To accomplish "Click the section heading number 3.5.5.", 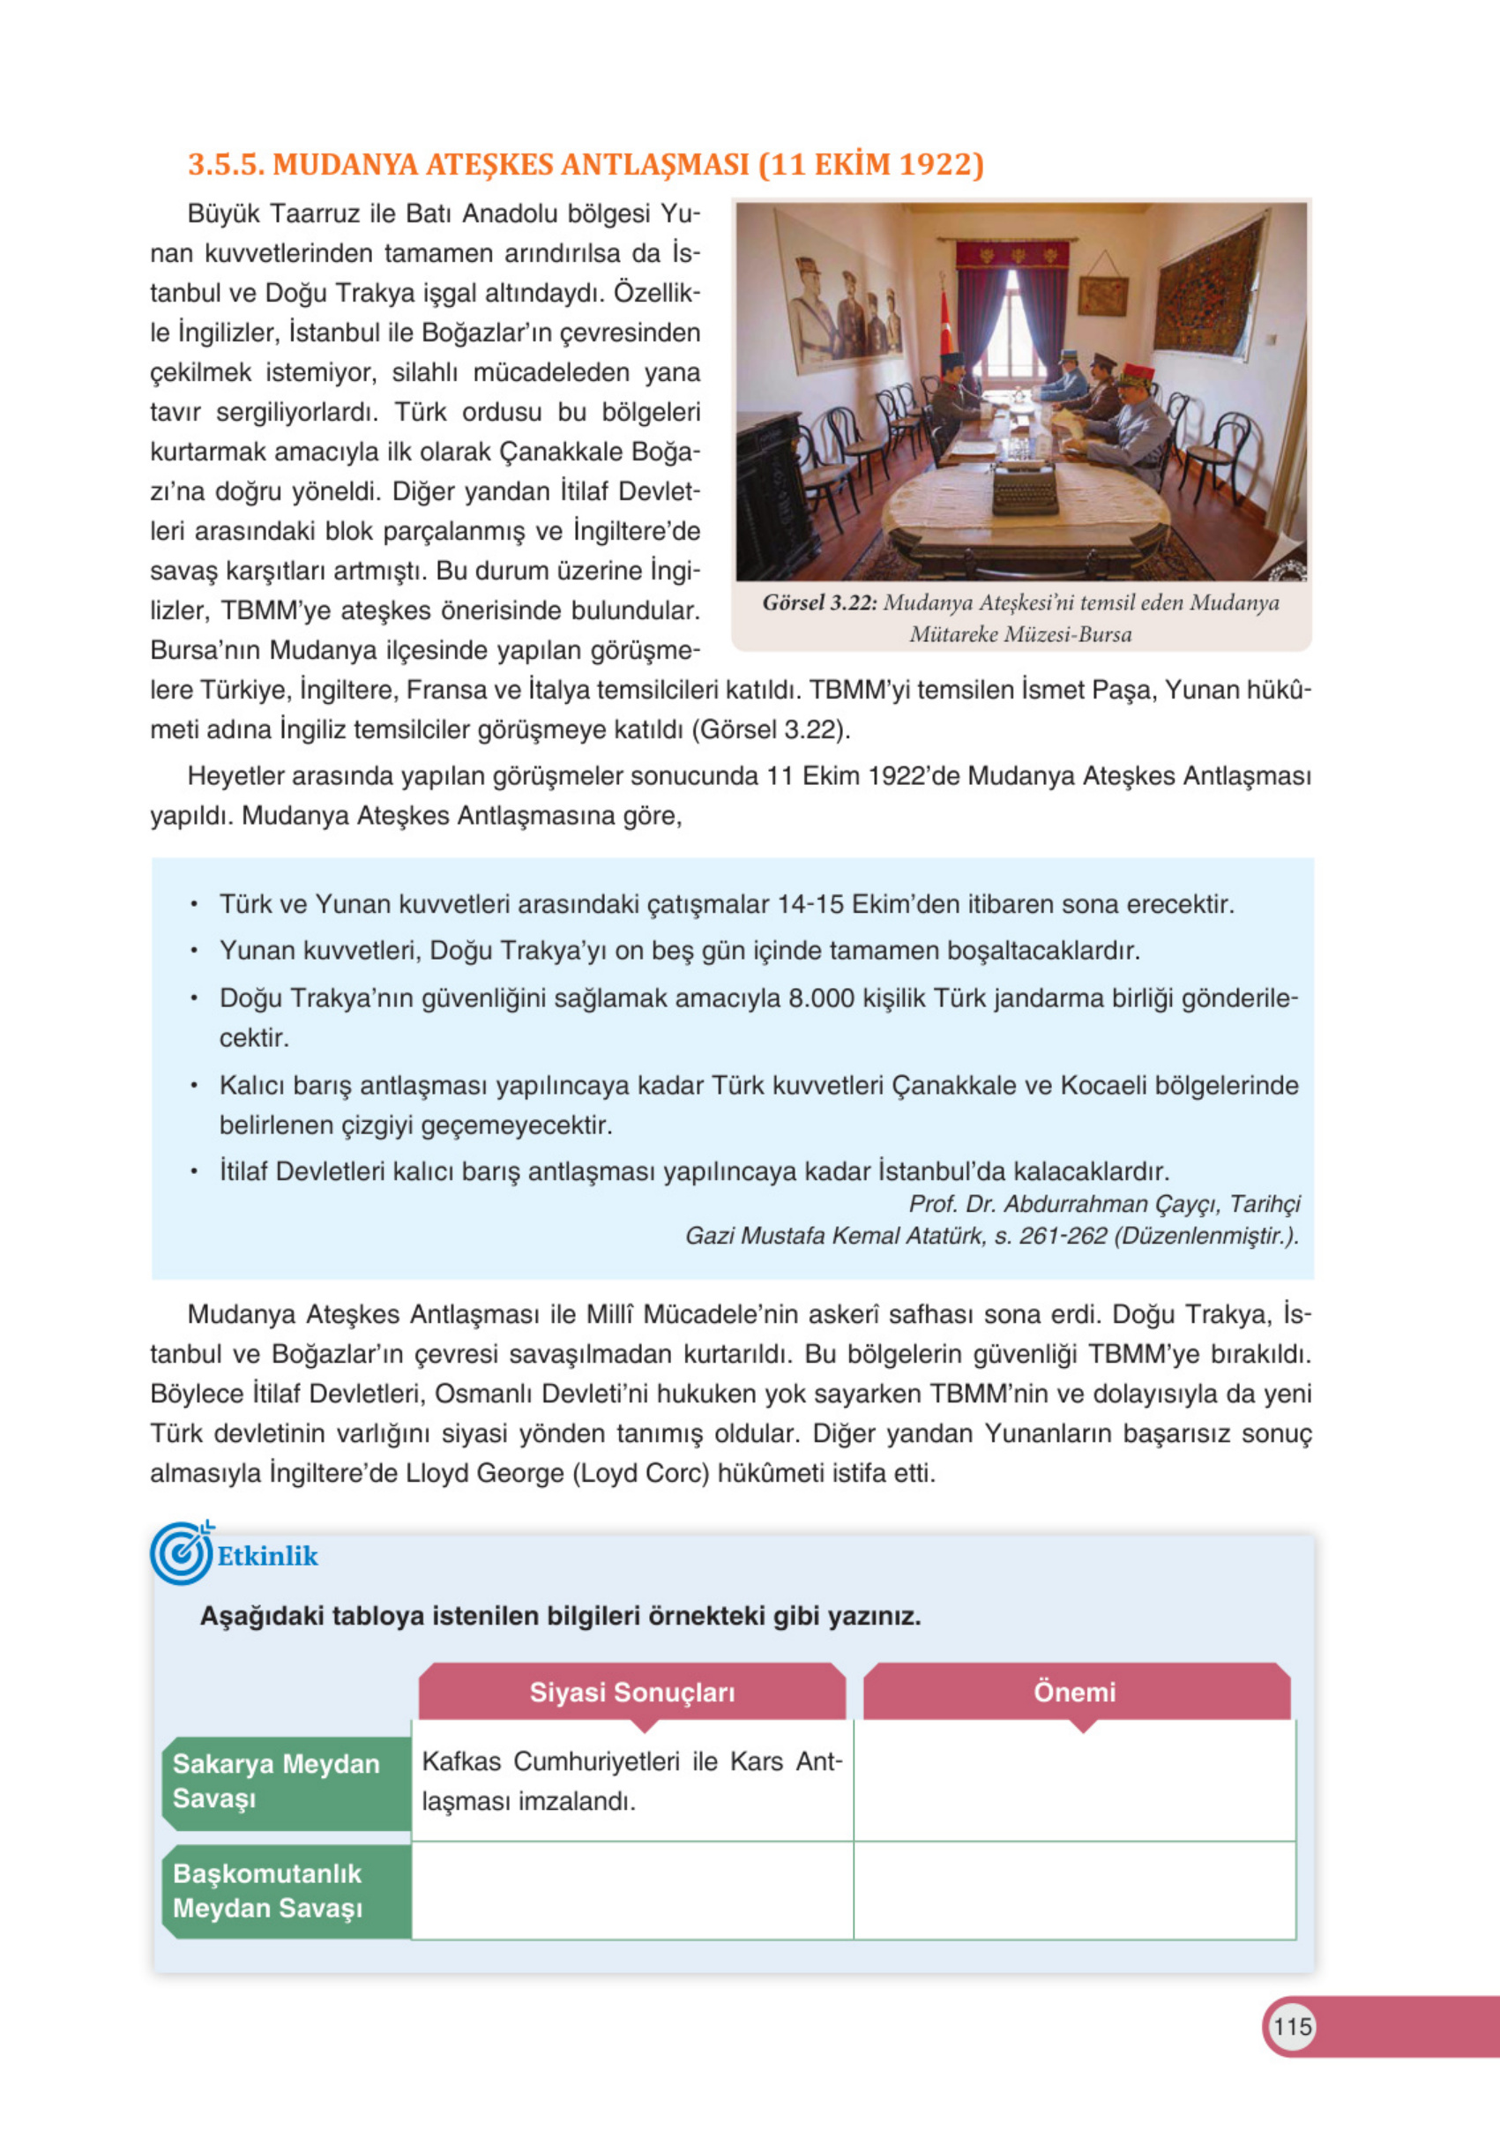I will (227, 164).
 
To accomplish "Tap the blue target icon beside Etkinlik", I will (181, 1554).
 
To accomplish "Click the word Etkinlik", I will (267, 1556).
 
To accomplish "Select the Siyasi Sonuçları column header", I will (632, 1692).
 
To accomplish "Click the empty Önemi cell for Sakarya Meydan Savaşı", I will (1074, 1781).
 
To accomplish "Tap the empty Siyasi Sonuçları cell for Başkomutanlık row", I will (632, 1890).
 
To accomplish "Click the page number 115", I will (1291, 2026).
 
